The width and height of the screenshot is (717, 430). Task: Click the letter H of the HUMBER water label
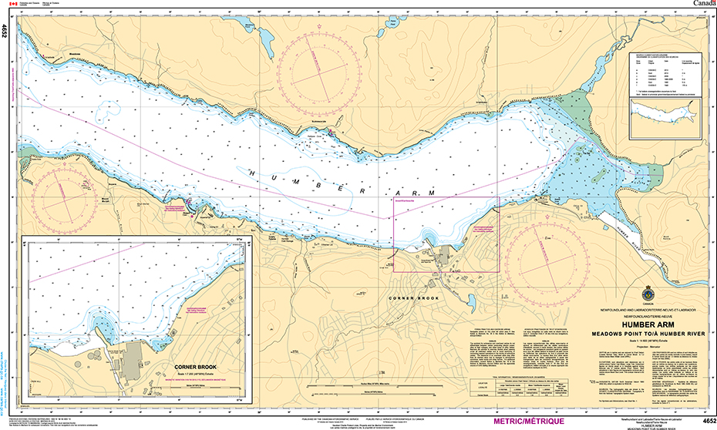252,173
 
